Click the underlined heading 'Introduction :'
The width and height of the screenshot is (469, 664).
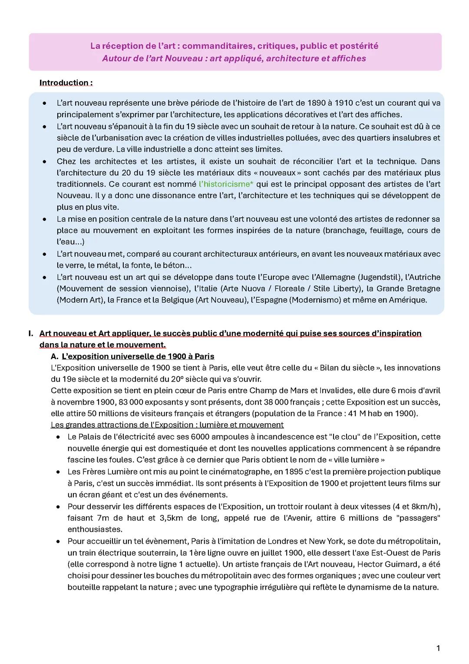pyautogui.click(x=66, y=83)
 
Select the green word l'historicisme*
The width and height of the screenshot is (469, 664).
pyautogui.click(x=226, y=184)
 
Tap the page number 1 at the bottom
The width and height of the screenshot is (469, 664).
pyautogui.click(x=438, y=648)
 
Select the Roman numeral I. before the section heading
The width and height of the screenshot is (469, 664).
pyautogui.click(x=30, y=333)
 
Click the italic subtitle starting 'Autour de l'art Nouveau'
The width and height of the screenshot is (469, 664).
pyautogui.click(x=234, y=58)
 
